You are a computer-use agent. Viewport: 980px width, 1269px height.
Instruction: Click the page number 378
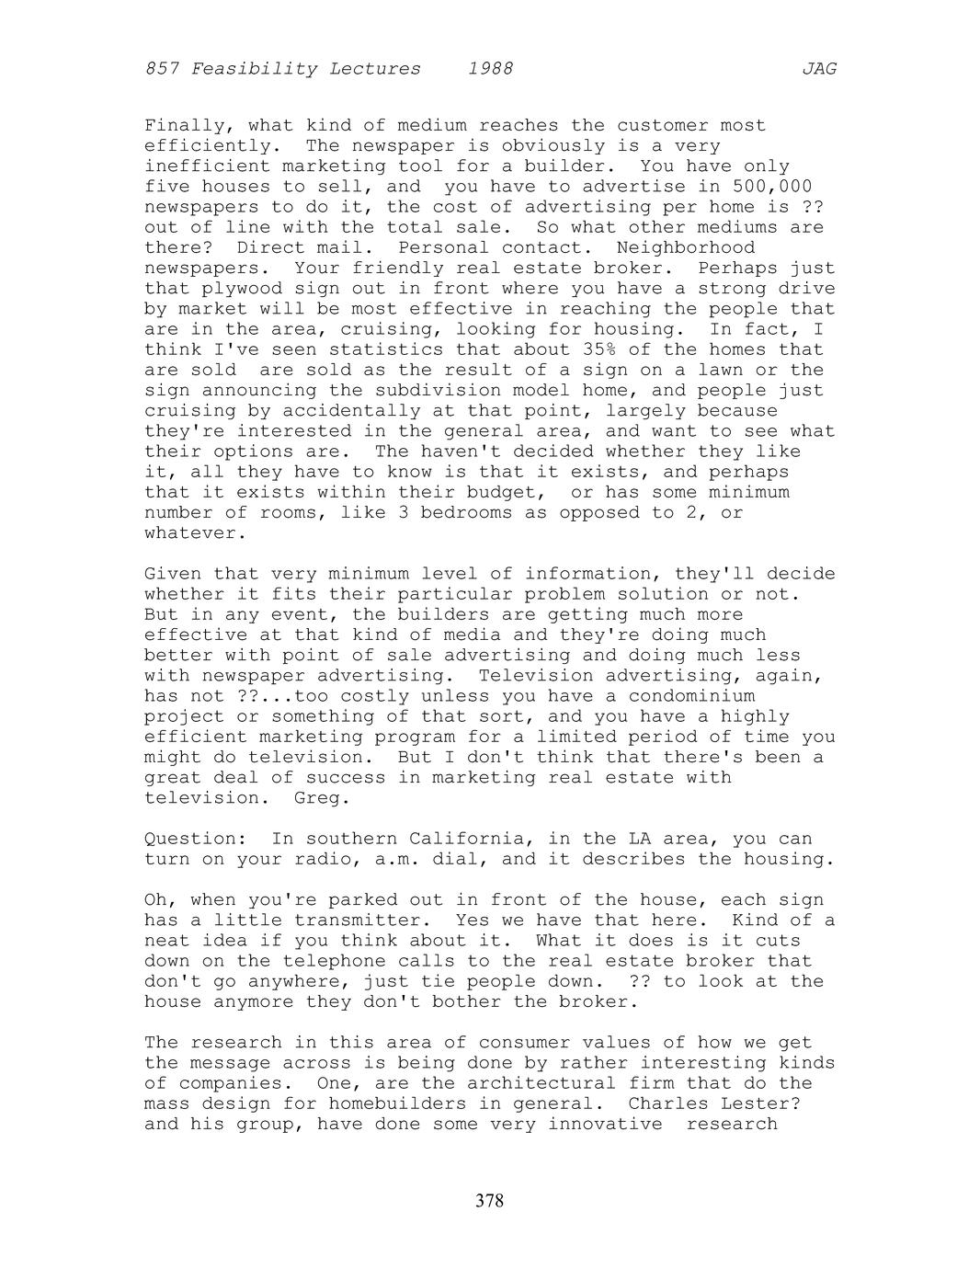[x=490, y=1200]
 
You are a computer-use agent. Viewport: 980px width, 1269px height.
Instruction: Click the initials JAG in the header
[x=818, y=69]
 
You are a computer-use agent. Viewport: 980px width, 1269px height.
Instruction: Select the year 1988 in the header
[x=490, y=69]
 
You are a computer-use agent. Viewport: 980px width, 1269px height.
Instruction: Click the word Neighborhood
[x=685, y=248]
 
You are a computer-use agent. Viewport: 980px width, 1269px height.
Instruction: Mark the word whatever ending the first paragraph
[x=189, y=533]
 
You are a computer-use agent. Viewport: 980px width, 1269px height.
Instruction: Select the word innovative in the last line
[x=605, y=1124]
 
